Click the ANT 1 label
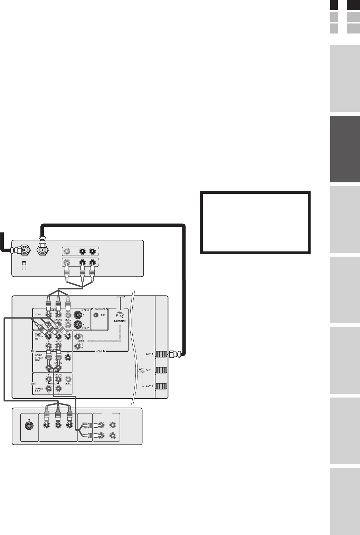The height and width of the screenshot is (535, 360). point(149,354)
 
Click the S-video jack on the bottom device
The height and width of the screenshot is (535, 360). point(29,425)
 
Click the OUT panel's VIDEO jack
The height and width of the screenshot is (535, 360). point(68,379)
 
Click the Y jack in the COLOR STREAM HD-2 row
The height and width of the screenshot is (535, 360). point(68,363)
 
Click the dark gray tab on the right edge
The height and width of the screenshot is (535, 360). point(345,149)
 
